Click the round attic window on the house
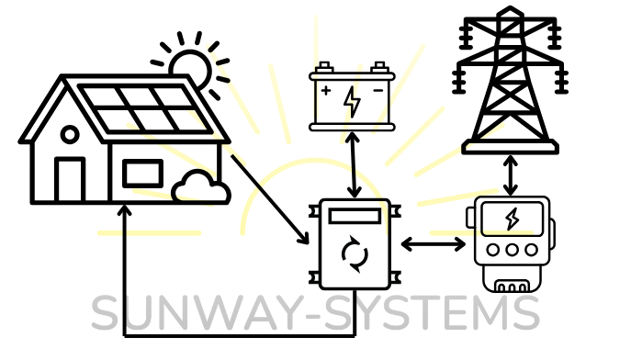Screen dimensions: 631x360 click(70, 134)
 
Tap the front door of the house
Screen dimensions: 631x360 click(70, 179)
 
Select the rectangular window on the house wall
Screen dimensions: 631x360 click(143, 174)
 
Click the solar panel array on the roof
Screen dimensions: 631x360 click(145, 108)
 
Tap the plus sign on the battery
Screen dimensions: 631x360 click(326, 91)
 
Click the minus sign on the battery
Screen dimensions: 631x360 click(378, 91)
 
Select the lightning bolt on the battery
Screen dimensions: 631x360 click(352, 102)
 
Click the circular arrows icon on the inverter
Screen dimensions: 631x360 click(355, 254)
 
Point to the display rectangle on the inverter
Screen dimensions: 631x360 click(355, 216)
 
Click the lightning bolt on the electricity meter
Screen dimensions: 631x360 click(513, 219)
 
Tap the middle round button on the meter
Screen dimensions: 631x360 click(512, 250)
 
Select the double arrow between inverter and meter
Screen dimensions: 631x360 click(434, 244)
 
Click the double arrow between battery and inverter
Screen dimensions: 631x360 click(354, 165)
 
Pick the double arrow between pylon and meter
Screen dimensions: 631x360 click(511, 175)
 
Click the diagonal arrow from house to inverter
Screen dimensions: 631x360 click(270, 199)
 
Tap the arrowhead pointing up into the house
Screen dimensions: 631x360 click(125, 209)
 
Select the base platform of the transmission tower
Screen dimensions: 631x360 click(511, 147)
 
